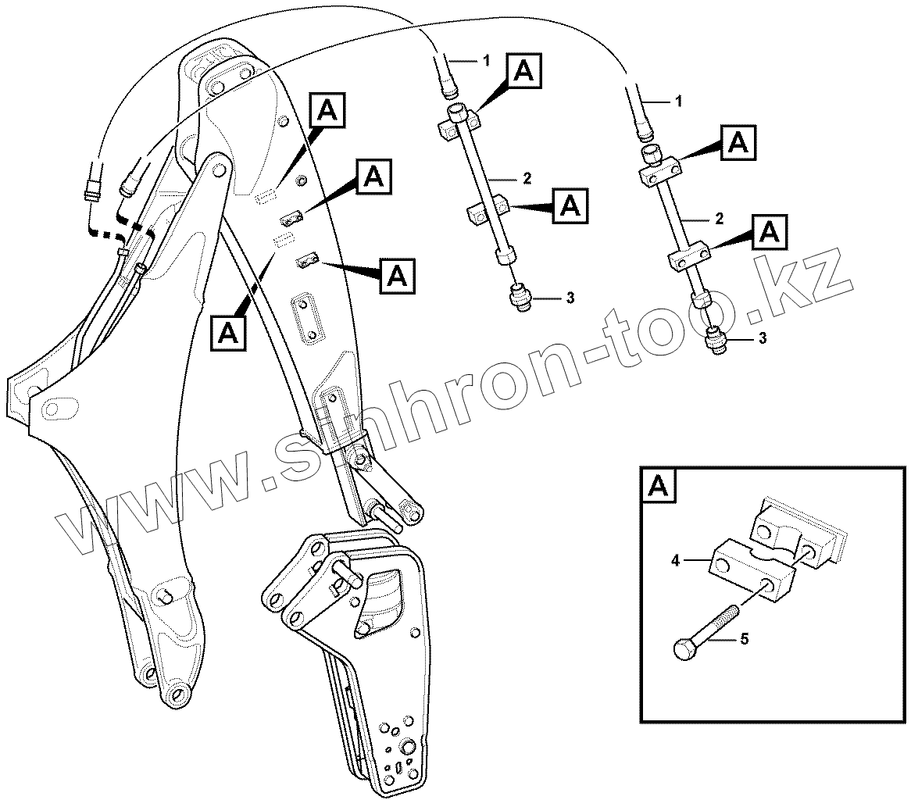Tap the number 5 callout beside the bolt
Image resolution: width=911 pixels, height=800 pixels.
tap(744, 640)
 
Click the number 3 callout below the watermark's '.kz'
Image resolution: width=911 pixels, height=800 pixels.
tap(763, 338)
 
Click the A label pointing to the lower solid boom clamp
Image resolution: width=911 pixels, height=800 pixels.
tap(397, 276)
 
